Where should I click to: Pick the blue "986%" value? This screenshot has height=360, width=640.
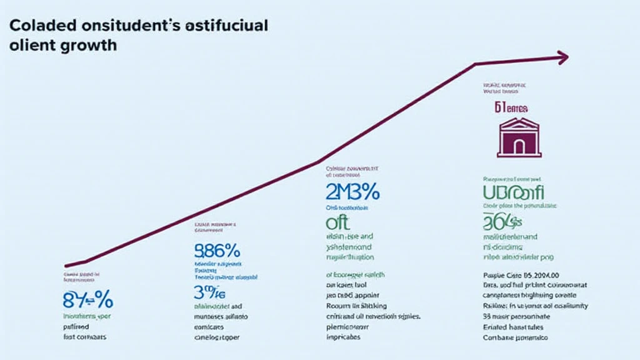coord(214,251)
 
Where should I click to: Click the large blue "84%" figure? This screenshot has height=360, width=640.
coord(87,300)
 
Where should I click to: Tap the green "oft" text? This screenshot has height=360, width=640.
coord(338,222)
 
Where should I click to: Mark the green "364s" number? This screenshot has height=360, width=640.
coord(502,221)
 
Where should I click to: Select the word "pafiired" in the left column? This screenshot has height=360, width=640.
coord(75,326)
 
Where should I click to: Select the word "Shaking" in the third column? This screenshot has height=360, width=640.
coord(372,306)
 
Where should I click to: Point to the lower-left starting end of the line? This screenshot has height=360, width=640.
coord(66,266)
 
